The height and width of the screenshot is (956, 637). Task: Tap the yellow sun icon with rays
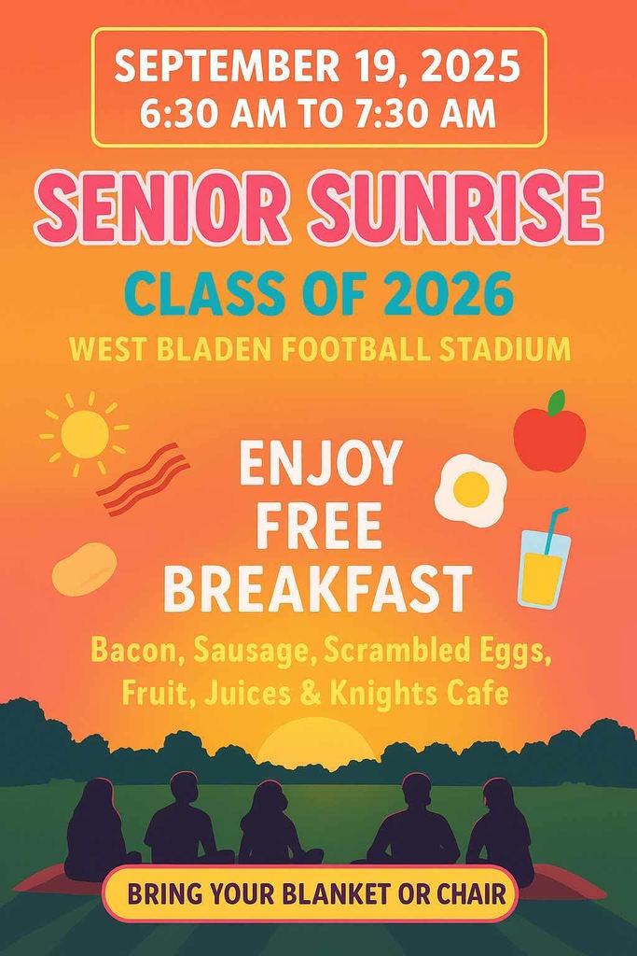point(85,433)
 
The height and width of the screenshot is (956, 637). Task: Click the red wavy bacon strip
point(143,478)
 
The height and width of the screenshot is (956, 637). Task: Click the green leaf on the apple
point(557,402)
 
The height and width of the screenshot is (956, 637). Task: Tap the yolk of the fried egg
point(471,486)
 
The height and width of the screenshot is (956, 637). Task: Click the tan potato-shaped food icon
point(84,569)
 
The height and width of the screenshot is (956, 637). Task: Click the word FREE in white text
point(319,527)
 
